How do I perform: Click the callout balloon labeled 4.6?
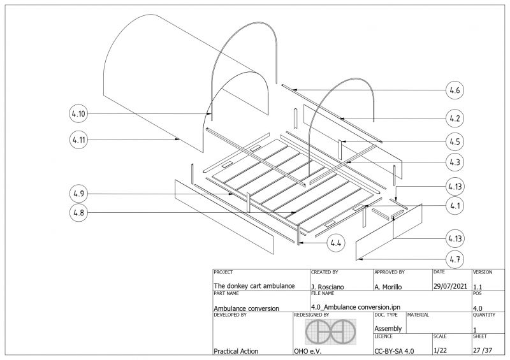coord(455,90)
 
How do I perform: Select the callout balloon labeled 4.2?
coord(455,118)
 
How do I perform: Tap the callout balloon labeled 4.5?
coord(455,141)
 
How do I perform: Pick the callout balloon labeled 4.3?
coord(455,162)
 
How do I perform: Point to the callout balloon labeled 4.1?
coord(455,206)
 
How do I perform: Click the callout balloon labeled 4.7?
coord(455,259)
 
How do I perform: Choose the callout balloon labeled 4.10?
coord(78,114)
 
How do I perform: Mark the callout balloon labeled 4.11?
coord(78,140)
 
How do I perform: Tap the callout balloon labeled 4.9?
coord(78,192)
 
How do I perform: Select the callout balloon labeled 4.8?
coord(78,213)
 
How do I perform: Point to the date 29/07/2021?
coord(450,286)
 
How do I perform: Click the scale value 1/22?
coord(440,350)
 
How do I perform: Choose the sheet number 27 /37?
coord(483,350)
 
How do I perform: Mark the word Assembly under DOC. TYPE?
coord(388,329)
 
